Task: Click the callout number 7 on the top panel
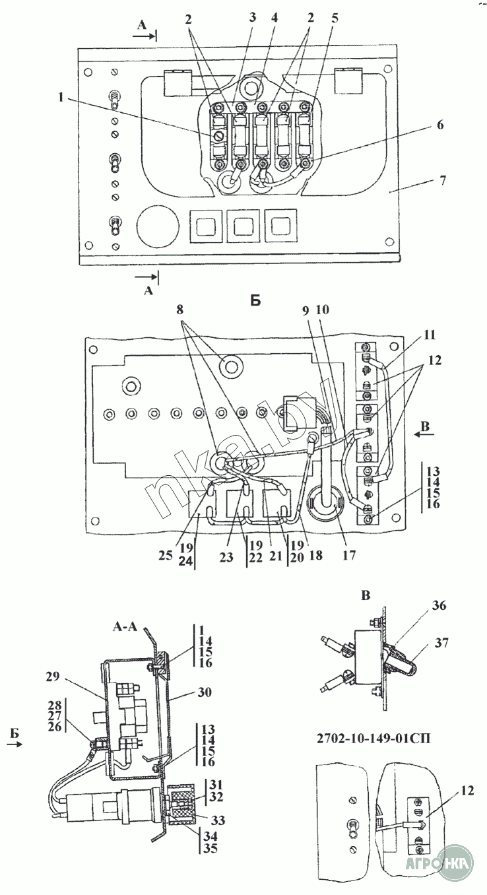click(x=442, y=180)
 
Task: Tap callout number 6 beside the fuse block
click(x=439, y=125)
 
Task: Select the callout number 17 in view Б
click(x=349, y=555)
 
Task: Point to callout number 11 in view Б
click(x=429, y=335)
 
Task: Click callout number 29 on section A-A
click(x=52, y=677)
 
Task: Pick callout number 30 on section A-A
click(x=204, y=692)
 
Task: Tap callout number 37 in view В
click(x=441, y=643)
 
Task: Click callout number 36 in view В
click(x=439, y=605)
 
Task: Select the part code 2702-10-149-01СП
click(x=373, y=737)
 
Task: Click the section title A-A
click(x=125, y=626)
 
